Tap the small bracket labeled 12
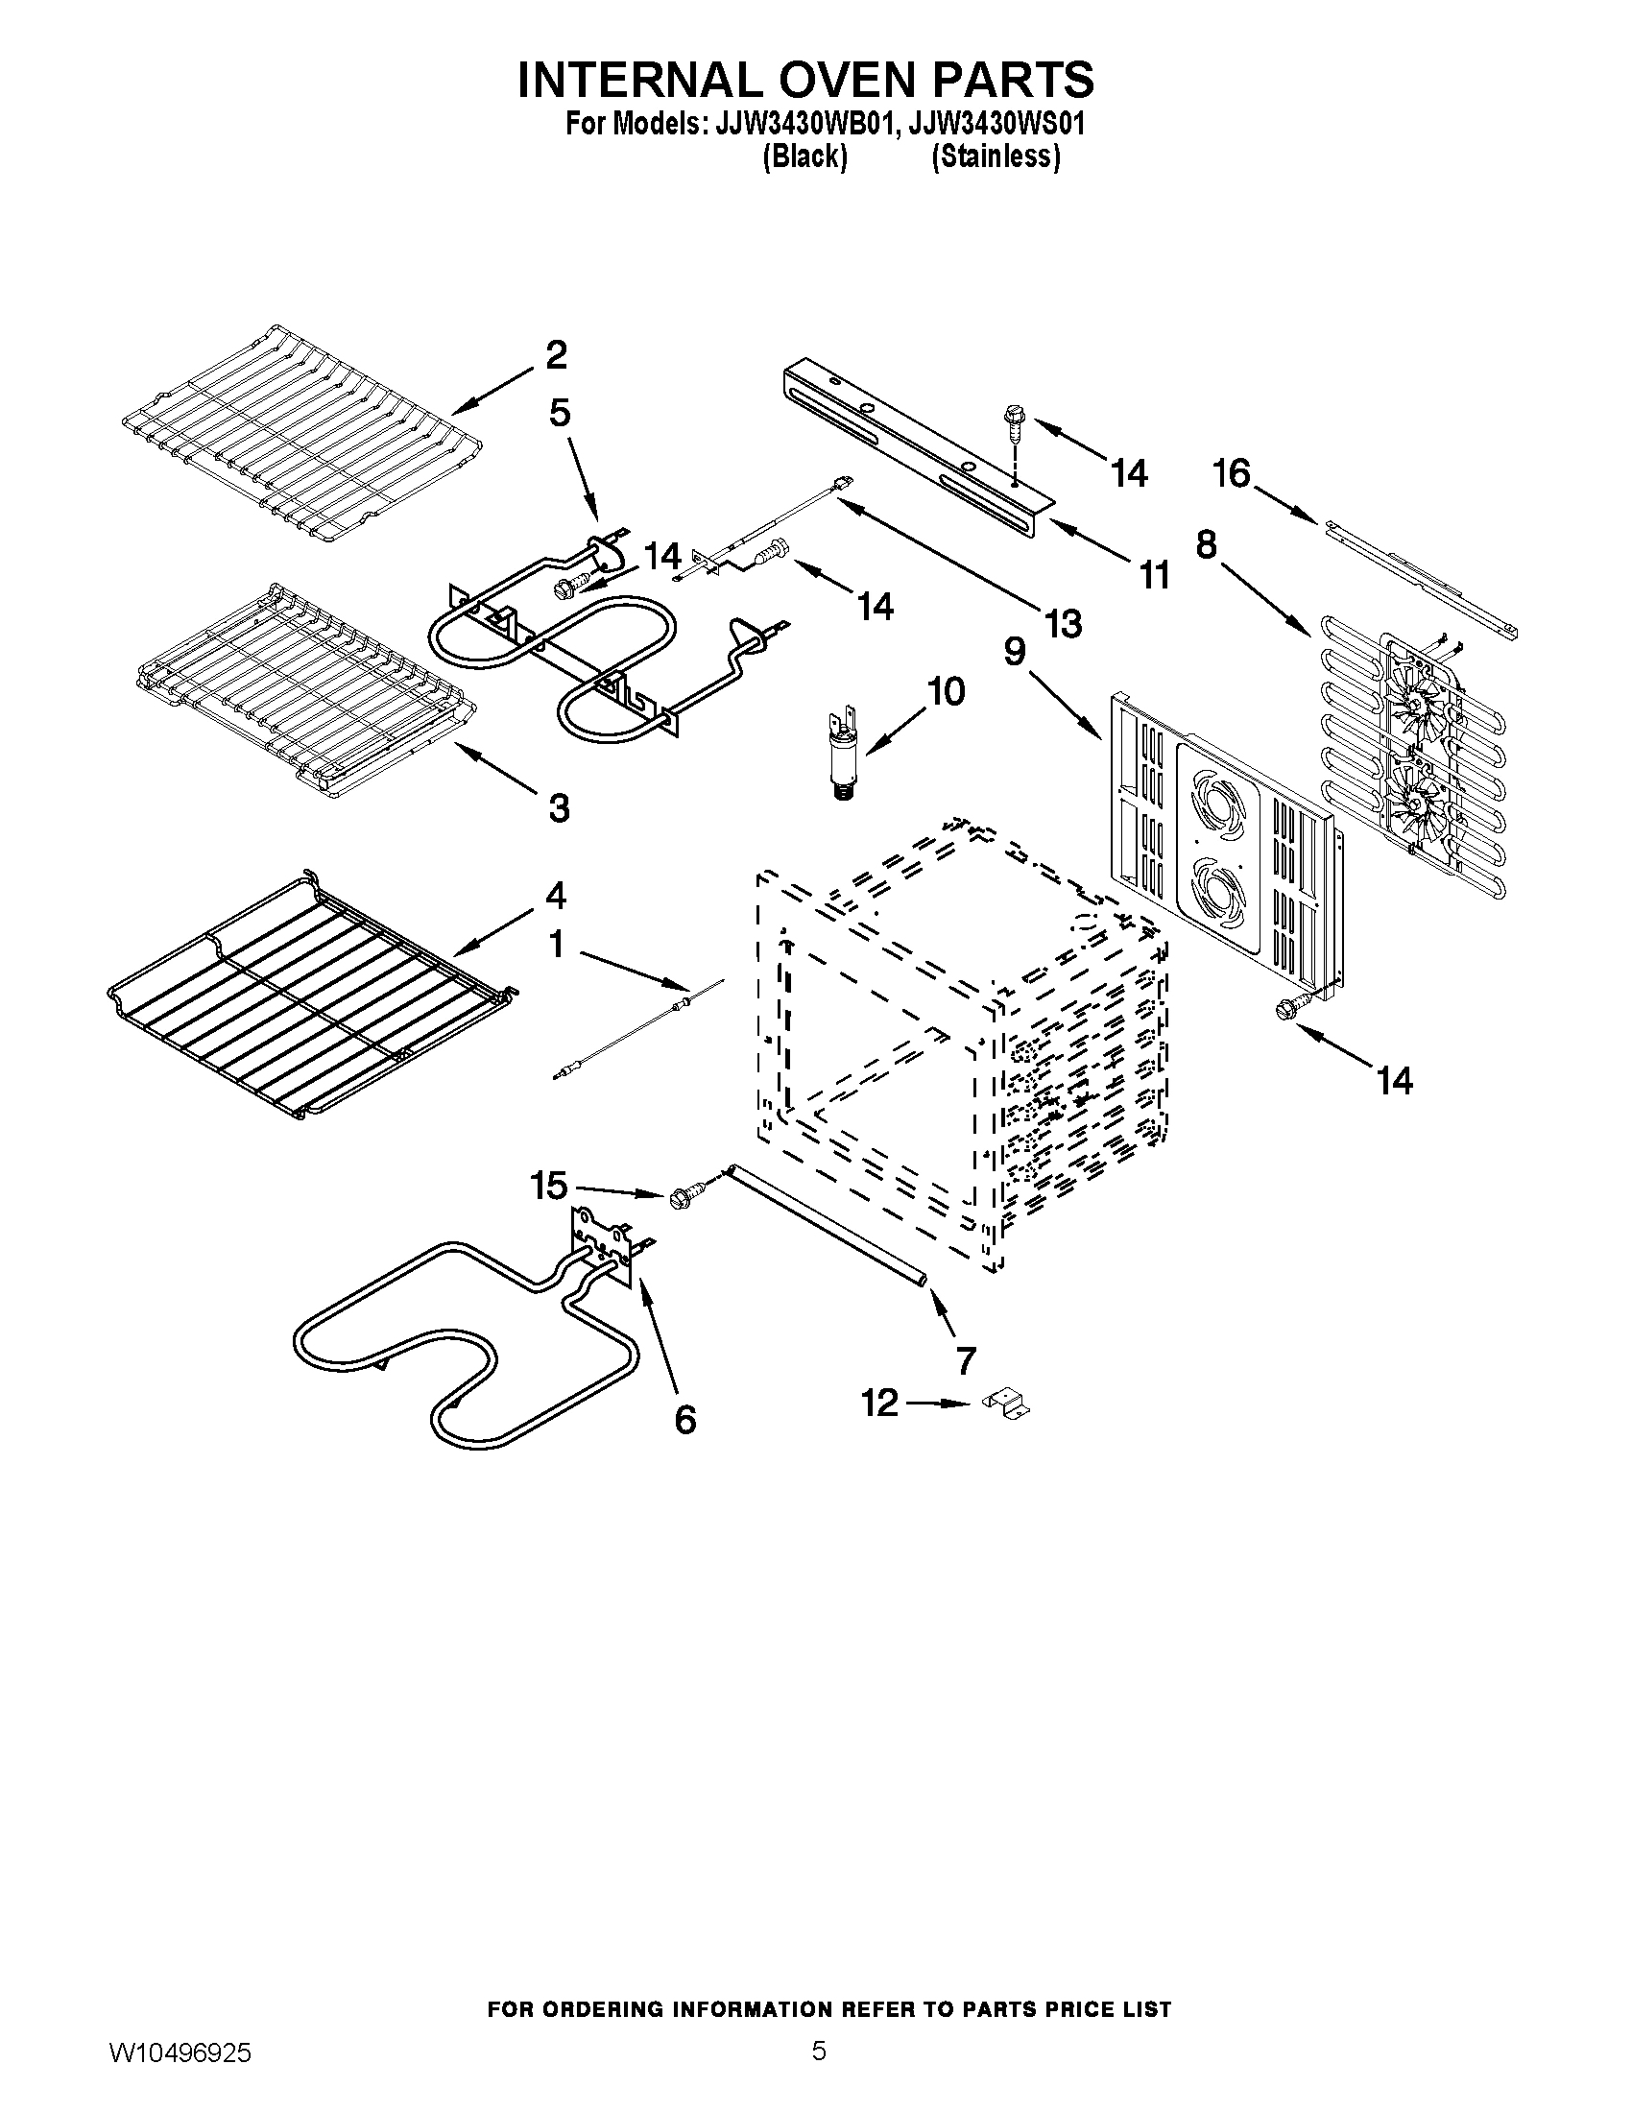click(x=1005, y=1404)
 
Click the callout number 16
click(x=1232, y=475)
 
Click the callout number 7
click(x=965, y=1359)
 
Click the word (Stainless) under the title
click(x=995, y=156)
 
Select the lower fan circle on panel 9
click(x=1219, y=887)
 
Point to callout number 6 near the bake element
click(x=684, y=1420)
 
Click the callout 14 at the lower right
click(x=1395, y=1080)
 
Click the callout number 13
click(x=1062, y=624)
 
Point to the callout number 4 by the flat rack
click(x=555, y=896)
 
